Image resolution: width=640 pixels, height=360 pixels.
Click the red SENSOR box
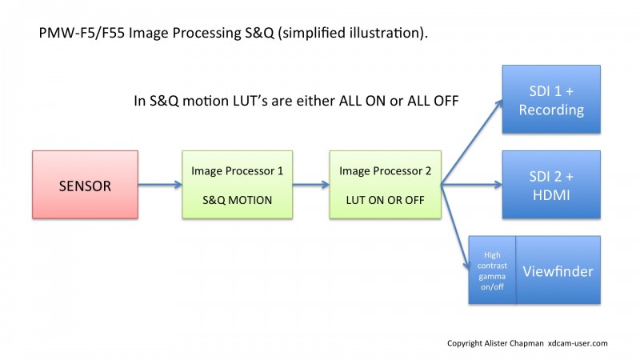coord(85,185)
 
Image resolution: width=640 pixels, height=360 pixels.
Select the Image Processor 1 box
coord(237,185)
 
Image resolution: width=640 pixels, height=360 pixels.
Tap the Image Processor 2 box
coord(386,185)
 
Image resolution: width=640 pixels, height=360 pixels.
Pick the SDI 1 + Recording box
coord(551,99)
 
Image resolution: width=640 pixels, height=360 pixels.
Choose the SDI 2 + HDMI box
coord(551,185)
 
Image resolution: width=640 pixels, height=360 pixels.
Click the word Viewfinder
coord(558,271)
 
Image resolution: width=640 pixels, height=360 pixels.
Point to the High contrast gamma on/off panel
coord(492,270)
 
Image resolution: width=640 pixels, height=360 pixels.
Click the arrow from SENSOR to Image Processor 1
coord(160,185)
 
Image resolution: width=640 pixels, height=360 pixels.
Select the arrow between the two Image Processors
coord(311,185)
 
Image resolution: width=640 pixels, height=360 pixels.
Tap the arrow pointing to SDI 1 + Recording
coord(472,142)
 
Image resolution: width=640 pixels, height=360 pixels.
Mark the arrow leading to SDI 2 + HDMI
coord(472,185)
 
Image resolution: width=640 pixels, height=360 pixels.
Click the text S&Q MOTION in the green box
coord(237,200)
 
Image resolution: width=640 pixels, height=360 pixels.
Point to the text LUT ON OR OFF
coord(386,200)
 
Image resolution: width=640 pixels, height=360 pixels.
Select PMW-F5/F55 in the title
coord(82,33)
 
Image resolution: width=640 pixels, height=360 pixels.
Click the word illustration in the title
coord(385,33)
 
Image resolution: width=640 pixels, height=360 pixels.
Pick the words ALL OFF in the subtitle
coord(433,101)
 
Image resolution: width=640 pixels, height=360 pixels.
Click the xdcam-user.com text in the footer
coord(578,343)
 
